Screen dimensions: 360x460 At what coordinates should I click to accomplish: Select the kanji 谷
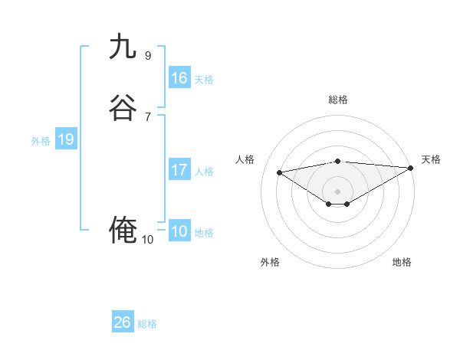pyautogui.click(x=123, y=108)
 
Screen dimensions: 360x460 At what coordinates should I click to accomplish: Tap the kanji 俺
pyautogui.click(x=123, y=230)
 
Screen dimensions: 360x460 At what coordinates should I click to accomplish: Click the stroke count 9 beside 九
pyautogui.click(x=148, y=55)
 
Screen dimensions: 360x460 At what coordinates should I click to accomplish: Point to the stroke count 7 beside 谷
pyautogui.click(x=148, y=116)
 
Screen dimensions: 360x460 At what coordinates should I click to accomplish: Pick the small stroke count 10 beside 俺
pyautogui.click(x=148, y=240)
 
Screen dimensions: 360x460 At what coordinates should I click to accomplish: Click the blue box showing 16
pyautogui.click(x=179, y=78)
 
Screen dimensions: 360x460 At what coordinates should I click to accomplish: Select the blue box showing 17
pyautogui.click(x=179, y=170)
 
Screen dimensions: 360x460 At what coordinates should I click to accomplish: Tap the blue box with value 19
pyautogui.click(x=66, y=139)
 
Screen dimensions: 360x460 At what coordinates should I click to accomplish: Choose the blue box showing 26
pyautogui.click(x=123, y=322)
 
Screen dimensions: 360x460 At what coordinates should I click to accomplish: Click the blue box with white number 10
pyautogui.click(x=179, y=231)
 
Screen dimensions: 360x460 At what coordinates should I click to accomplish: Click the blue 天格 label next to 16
pyautogui.click(x=204, y=80)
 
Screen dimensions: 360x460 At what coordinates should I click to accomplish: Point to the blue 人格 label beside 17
pyautogui.click(x=204, y=172)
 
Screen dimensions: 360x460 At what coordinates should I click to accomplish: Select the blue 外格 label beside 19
pyautogui.click(x=41, y=141)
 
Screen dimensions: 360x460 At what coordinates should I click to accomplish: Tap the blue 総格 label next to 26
pyautogui.click(x=147, y=324)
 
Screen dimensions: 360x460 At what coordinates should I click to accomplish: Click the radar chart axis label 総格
pyautogui.click(x=338, y=100)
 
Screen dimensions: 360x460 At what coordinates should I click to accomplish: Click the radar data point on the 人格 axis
pyautogui.click(x=280, y=172)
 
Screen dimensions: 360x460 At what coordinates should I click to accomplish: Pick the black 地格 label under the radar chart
pyautogui.click(x=402, y=262)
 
